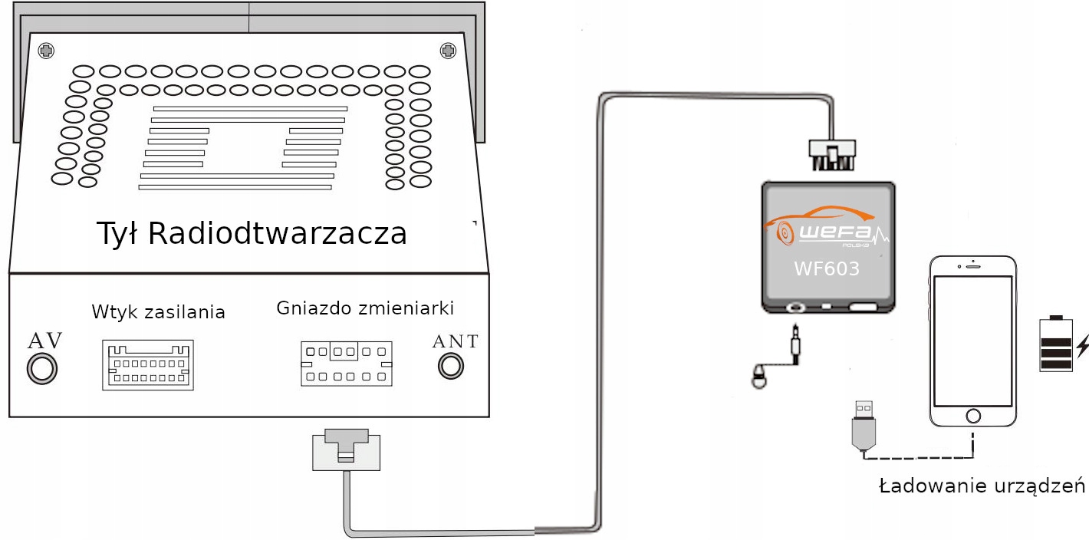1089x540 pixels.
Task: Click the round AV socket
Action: coord(41,369)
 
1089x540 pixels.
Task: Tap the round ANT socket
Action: coord(451,366)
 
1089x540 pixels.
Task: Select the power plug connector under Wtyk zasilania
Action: coord(148,365)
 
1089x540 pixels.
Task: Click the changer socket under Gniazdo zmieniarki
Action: coord(346,364)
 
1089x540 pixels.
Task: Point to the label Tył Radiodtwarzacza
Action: coord(252,233)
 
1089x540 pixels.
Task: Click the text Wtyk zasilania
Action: coord(158,312)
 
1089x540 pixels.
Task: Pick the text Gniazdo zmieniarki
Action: coord(365,308)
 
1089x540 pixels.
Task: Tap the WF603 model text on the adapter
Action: coord(826,269)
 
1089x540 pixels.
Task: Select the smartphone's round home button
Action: coord(973,416)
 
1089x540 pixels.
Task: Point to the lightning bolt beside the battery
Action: coord(1082,347)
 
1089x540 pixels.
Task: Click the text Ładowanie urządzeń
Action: coord(982,486)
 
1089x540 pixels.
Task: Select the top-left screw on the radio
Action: coord(47,51)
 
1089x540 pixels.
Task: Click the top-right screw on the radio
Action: coord(448,51)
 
